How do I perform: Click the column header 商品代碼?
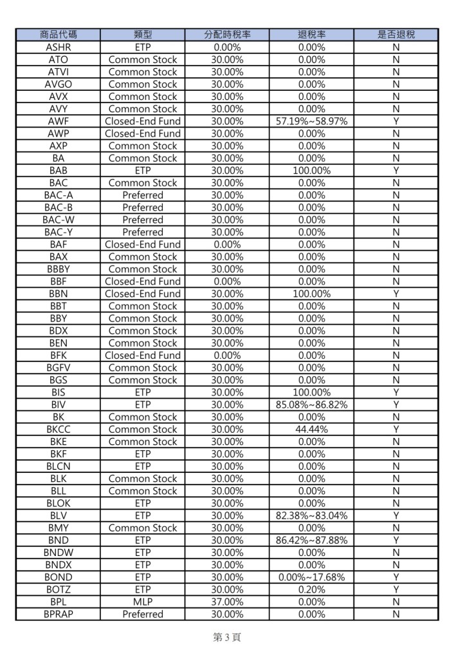(58, 35)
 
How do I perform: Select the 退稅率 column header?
(312, 35)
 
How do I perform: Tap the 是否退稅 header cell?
(396, 35)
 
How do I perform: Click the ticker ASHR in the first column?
(58, 47)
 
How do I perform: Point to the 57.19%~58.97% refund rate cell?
(312, 121)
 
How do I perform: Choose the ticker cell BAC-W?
(58, 220)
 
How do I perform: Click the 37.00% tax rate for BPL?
(227, 602)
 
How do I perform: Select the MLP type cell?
(142, 602)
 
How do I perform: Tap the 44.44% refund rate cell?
(312, 429)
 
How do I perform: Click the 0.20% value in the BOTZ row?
(312, 589)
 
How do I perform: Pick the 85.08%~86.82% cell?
(312, 405)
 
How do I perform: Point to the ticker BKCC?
(58, 429)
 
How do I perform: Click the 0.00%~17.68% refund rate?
(312, 577)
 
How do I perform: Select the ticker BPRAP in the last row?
(58, 614)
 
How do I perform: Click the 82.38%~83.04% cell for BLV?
(312, 515)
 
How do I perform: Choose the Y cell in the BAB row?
(396, 171)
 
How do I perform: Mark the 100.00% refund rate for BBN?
(312, 294)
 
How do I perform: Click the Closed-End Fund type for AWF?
(142, 121)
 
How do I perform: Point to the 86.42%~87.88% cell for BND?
(312, 540)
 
